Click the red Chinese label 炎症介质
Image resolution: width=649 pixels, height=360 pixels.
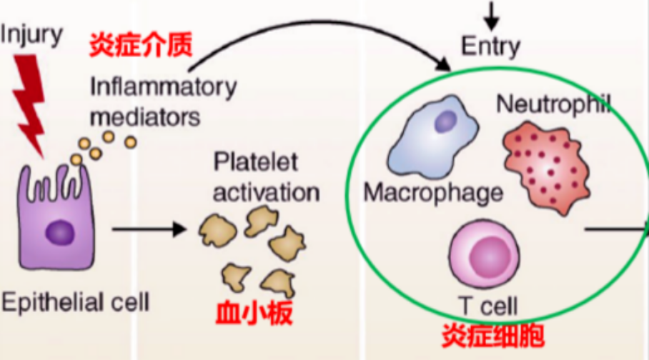click(x=141, y=46)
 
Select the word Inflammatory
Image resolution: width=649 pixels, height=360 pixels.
click(x=163, y=87)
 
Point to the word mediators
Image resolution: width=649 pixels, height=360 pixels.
click(x=145, y=114)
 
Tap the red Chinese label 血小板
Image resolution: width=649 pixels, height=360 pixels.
click(x=254, y=313)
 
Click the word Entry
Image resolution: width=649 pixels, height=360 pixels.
click(x=490, y=47)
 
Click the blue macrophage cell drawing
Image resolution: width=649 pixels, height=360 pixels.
click(x=433, y=139)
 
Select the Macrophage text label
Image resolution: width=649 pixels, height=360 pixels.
click(x=433, y=192)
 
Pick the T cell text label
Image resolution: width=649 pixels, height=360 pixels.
click(x=489, y=307)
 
